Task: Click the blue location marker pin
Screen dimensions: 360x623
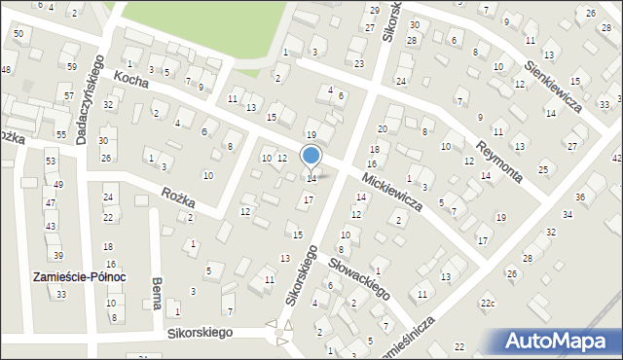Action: click(311, 156)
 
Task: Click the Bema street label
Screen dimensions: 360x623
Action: click(156, 292)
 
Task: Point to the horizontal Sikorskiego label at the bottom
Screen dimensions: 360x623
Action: click(199, 333)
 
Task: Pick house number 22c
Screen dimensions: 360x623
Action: click(487, 305)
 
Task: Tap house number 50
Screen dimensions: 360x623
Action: click(18, 34)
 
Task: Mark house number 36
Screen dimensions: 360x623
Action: click(580, 198)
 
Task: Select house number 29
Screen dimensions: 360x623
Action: click(374, 10)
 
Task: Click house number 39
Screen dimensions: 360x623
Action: click(57, 255)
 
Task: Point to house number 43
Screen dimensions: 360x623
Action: click(51, 226)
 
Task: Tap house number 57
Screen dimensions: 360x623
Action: click(68, 96)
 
